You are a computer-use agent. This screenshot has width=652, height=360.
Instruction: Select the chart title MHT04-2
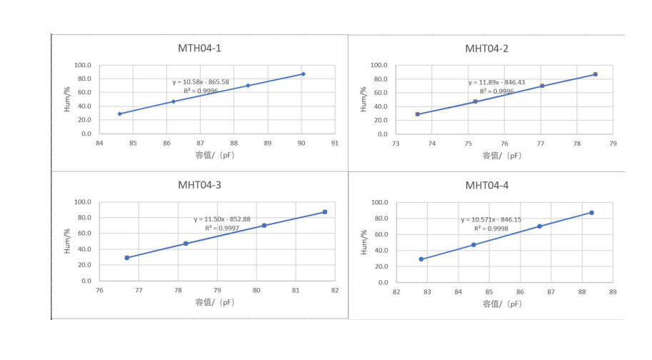[487, 49]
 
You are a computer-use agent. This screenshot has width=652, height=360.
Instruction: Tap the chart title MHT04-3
[199, 185]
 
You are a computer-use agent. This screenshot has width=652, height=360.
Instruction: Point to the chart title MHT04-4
[487, 186]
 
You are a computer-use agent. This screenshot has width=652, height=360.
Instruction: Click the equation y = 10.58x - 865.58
[201, 82]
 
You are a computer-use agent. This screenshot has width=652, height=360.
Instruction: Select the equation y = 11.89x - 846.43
[496, 83]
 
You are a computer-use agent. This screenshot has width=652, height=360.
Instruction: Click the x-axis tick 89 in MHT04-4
[613, 291]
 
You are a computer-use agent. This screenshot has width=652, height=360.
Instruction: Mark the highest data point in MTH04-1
[303, 74]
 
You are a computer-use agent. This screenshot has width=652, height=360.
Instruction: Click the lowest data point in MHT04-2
[418, 114]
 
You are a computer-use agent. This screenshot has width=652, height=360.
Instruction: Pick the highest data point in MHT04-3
[324, 212]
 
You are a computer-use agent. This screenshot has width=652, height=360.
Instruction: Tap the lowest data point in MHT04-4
[421, 259]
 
